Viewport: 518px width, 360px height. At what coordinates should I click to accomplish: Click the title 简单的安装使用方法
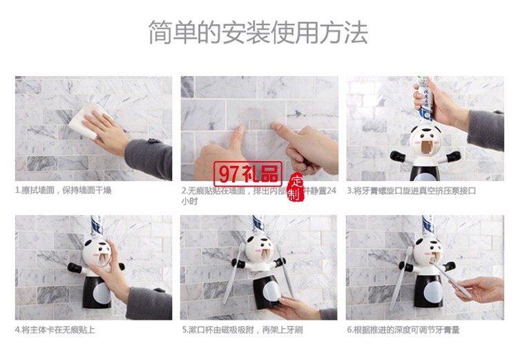(258, 32)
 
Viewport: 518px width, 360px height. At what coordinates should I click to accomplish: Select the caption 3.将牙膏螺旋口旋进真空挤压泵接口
(411, 191)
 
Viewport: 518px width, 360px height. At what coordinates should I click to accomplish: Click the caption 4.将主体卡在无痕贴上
(55, 330)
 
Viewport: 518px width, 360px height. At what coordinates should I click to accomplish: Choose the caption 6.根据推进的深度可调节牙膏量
(403, 330)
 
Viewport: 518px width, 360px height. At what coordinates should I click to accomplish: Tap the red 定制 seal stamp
(295, 187)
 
